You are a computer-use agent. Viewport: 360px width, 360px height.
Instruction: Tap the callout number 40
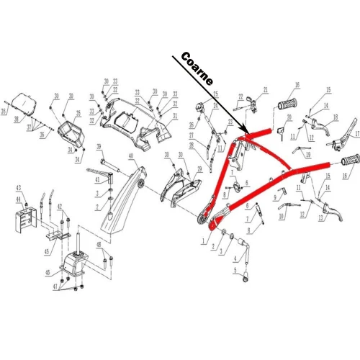point(131,156)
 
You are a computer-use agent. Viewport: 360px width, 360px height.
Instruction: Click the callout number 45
point(47,251)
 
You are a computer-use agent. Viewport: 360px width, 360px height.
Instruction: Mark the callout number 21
point(265,90)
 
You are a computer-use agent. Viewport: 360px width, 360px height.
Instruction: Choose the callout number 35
point(78,114)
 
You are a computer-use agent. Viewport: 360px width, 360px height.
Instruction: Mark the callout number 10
point(280,215)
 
